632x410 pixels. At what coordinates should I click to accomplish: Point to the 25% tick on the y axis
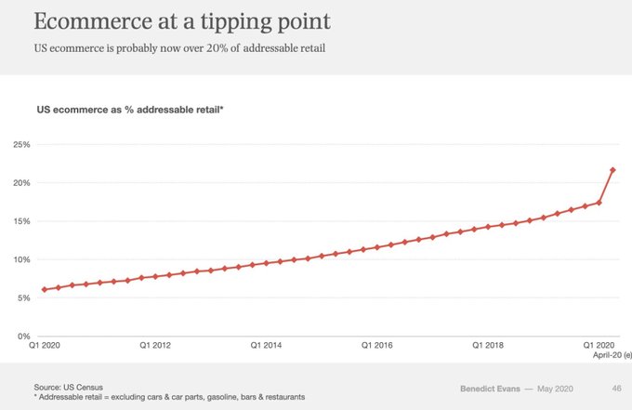20,145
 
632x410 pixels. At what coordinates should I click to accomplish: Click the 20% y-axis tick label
20,183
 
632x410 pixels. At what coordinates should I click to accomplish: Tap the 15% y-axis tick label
20,221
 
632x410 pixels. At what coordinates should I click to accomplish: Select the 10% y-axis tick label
20,259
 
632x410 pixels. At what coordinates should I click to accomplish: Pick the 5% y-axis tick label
22,298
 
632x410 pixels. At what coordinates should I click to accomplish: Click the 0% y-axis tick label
22,336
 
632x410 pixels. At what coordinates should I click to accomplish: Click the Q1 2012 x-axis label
155,346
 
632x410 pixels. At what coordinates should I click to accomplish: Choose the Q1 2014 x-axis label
267,346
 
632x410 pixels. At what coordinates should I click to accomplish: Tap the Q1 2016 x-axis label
378,346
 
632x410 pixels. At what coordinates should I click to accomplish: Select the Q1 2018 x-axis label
489,346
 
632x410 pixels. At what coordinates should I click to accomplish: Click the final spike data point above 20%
612,170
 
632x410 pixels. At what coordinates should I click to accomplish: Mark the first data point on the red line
45,289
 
